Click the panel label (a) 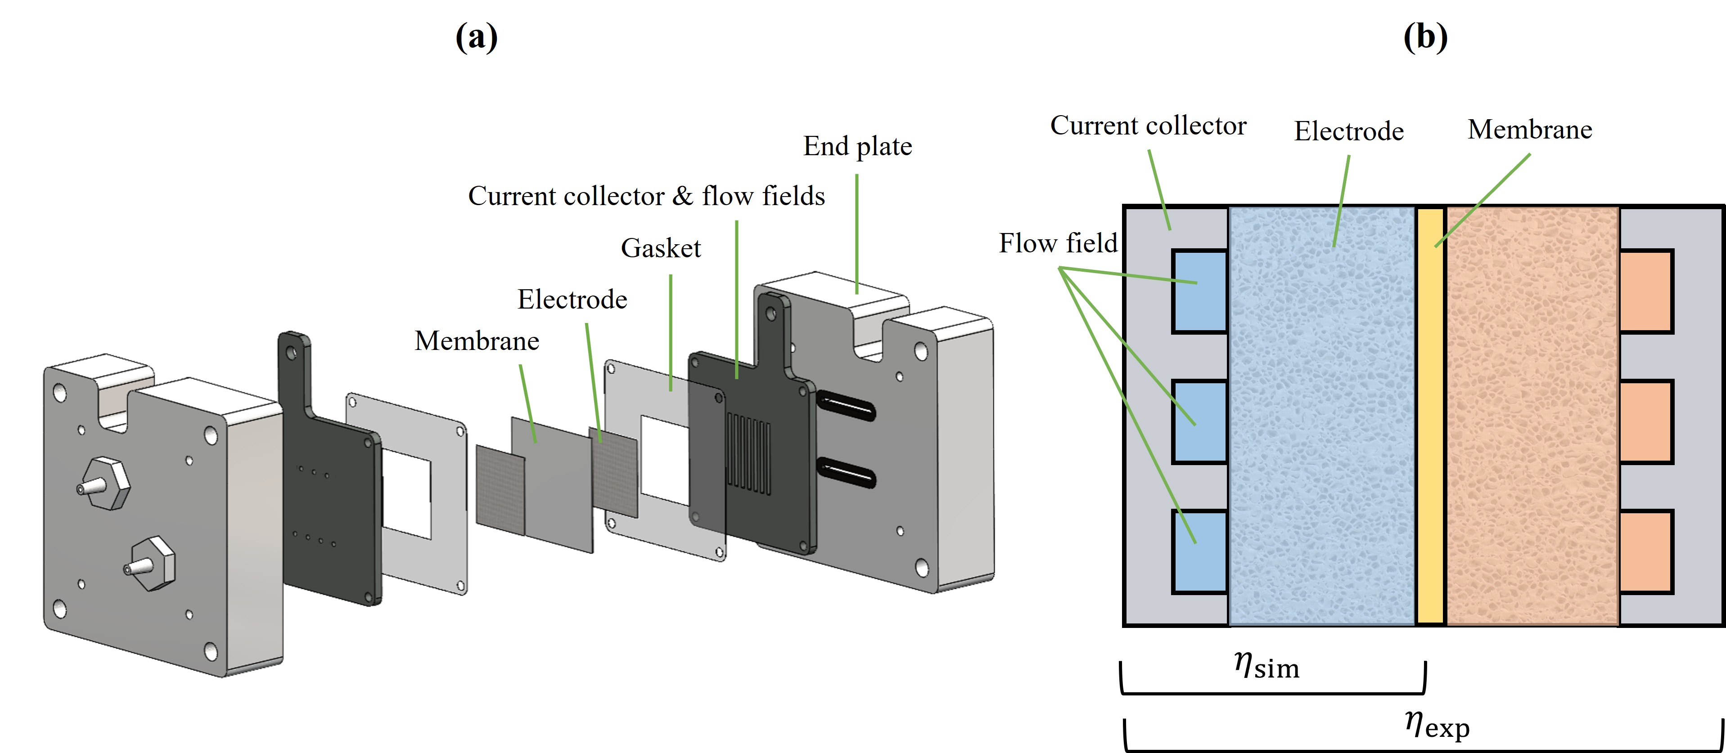(x=476, y=37)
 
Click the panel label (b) (x=1425, y=37)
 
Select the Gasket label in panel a (x=661, y=248)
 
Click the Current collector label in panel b (x=1148, y=126)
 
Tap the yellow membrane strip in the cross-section (x=1430, y=415)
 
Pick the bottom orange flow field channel (x=1645, y=551)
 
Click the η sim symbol (x=1266, y=667)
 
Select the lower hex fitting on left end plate (x=152, y=563)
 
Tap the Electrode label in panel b (x=1348, y=131)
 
